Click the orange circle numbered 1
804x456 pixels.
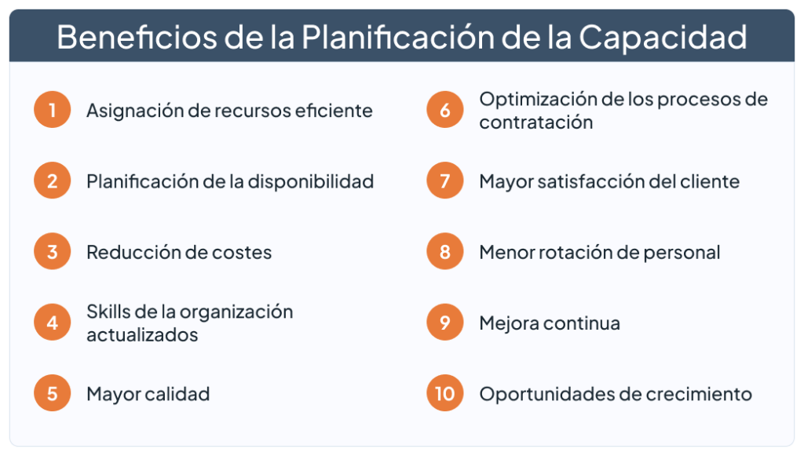(x=53, y=111)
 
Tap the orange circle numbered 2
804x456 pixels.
(x=53, y=181)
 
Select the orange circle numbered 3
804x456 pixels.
(x=53, y=252)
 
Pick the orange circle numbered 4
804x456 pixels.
(x=53, y=323)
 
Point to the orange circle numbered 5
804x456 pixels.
(x=53, y=393)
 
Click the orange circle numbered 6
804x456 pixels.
(x=445, y=111)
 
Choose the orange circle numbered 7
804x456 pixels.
(x=445, y=181)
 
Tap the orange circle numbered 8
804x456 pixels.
(x=445, y=252)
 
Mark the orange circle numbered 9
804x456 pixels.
(x=445, y=323)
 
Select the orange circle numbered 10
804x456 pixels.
(x=445, y=393)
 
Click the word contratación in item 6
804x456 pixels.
(x=535, y=122)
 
